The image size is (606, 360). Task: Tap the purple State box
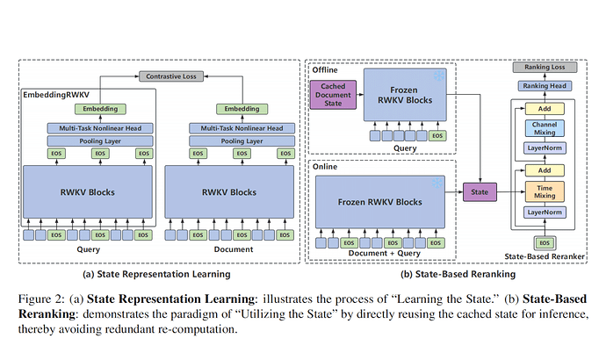coord(479,191)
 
